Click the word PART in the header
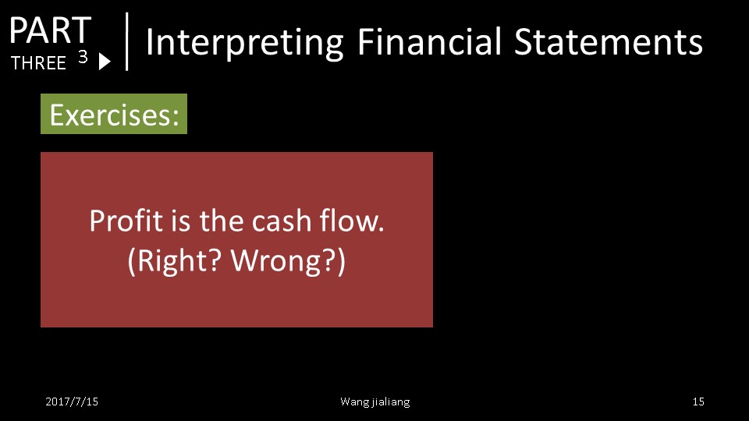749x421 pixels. [50, 30]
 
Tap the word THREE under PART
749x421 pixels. [38, 63]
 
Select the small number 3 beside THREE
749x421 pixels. [83, 57]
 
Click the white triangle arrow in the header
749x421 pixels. [105, 62]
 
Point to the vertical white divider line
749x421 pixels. [127, 41]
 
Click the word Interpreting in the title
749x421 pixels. [244, 43]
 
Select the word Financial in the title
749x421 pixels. [429, 41]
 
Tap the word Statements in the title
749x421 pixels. [608, 42]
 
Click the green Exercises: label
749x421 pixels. [114, 114]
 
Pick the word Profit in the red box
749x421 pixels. [126, 221]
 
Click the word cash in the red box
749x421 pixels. [282, 221]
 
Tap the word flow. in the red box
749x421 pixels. [352, 221]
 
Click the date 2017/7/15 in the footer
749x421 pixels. [72, 402]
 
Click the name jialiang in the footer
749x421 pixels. [390, 402]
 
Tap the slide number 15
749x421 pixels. [698, 402]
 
